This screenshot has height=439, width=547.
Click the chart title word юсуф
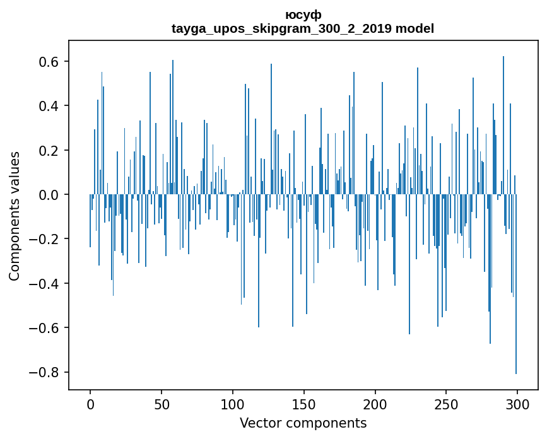[x=303, y=15]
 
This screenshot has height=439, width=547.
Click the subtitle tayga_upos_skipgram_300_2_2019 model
[x=303, y=28]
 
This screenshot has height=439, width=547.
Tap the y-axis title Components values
[x=14, y=216]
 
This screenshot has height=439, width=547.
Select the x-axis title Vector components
[x=303, y=423]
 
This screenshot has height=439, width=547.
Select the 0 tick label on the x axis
[x=90, y=404]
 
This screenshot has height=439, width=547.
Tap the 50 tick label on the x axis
[x=162, y=404]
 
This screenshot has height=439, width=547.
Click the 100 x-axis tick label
[x=233, y=404]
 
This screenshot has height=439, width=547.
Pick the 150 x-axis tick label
[x=303, y=404]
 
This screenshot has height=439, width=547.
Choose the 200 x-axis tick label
[x=375, y=404]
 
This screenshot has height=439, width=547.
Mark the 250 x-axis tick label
[x=446, y=404]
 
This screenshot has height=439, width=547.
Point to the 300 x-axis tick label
[x=517, y=404]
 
